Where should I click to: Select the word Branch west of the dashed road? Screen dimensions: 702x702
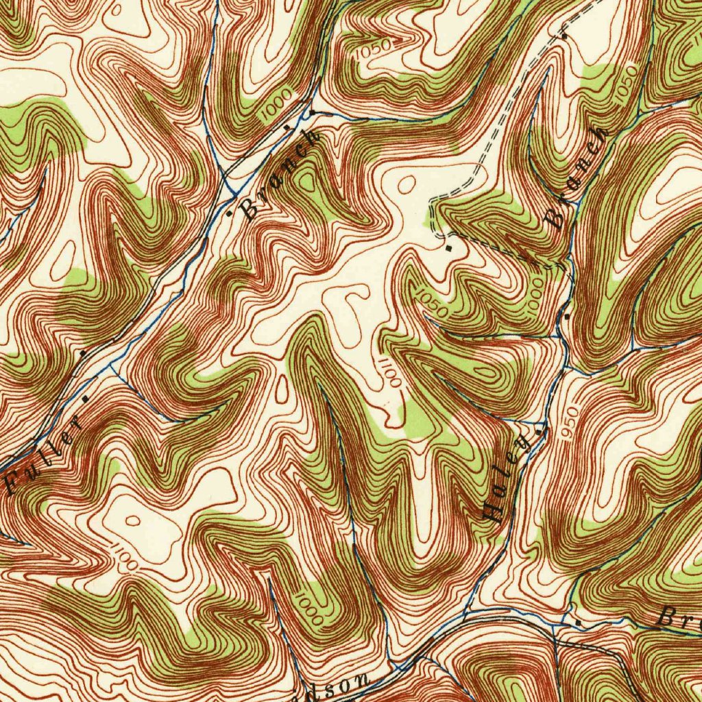tap(281, 175)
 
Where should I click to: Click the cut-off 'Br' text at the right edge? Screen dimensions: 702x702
tap(679, 618)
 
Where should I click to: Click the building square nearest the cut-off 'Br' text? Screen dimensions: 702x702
tap(578, 622)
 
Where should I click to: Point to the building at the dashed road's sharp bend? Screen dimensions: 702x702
tap(449, 247)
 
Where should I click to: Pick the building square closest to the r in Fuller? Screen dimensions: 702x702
tap(85, 398)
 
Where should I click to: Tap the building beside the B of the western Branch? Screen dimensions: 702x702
tap(230, 214)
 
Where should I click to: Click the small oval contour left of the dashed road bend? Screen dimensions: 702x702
tap(407, 184)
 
